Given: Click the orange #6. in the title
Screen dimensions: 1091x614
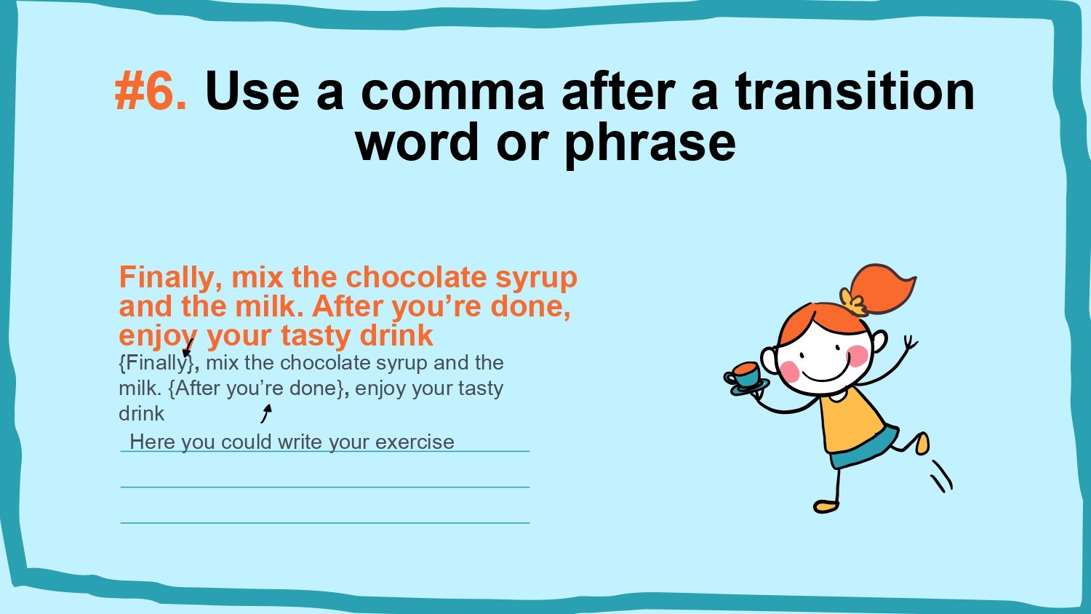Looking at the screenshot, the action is (151, 91).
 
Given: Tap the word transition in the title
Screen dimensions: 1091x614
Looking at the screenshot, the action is (855, 90).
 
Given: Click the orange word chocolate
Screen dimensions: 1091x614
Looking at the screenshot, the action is (416, 277).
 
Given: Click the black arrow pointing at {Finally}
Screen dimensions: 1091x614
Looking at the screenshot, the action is (188, 348).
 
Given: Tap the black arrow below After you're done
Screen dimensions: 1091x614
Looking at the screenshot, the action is (266, 413).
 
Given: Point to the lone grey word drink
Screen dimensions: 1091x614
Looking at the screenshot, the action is (141, 413).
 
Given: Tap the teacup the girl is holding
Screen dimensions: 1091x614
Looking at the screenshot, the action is (745, 375).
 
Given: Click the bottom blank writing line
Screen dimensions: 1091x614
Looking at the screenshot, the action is (325, 523).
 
